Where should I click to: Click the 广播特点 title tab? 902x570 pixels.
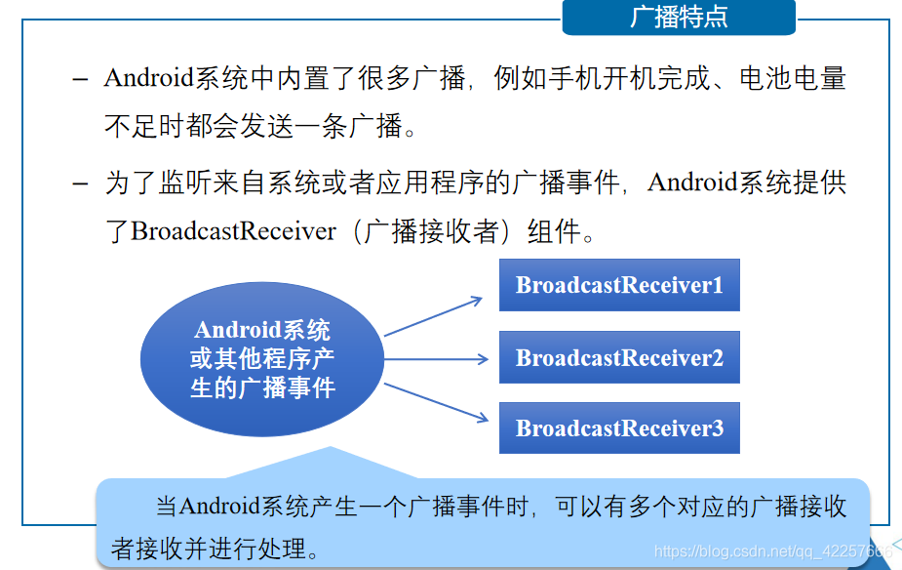pos(679,18)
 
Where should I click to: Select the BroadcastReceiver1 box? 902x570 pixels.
pos(619,285)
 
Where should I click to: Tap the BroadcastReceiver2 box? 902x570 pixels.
pos(619,357)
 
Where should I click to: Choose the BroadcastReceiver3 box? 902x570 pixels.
pos(619,427)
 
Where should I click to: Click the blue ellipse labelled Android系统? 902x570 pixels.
pos(262,358)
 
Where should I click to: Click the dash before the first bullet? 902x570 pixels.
pos(81,78)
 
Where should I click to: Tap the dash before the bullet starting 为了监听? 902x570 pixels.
pos(81,183)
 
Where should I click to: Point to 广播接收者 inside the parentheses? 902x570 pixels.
pos(431,231)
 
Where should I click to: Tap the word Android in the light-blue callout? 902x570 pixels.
pos(220,507)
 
